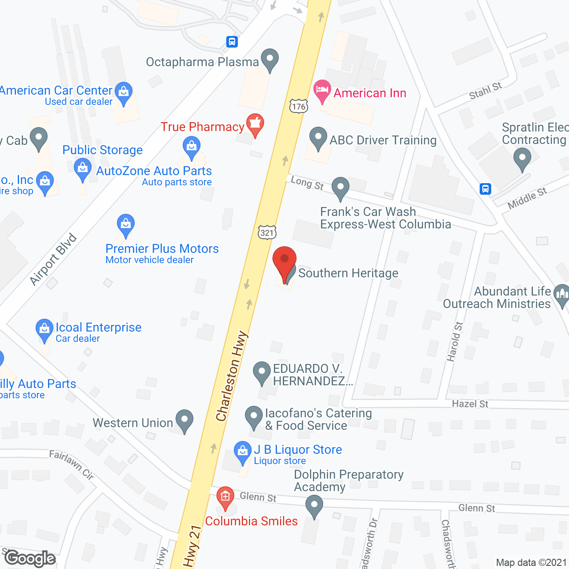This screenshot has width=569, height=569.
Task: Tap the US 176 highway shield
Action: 299,106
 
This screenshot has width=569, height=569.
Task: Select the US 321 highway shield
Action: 267,232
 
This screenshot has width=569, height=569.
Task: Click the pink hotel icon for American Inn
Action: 322,91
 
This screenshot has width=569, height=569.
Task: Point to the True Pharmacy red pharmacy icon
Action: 255,124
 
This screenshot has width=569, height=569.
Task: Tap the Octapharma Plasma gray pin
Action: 269,60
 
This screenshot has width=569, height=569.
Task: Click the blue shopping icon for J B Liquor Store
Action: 242,452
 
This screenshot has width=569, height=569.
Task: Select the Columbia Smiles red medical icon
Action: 225,497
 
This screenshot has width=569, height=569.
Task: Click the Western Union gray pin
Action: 184,421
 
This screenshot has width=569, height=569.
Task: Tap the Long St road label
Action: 307,183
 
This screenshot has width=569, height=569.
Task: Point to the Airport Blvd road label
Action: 53,260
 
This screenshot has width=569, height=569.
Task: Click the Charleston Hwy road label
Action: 231,376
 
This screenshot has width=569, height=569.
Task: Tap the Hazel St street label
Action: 470,404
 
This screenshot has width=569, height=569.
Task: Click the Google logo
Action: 30,558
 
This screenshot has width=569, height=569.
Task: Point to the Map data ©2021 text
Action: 531,563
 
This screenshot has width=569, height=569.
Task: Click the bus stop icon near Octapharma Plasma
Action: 232,42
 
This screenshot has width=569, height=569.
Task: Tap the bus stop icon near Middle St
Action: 485,189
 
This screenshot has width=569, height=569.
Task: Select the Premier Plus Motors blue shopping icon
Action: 126,225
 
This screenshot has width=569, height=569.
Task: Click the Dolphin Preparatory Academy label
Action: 349,481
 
